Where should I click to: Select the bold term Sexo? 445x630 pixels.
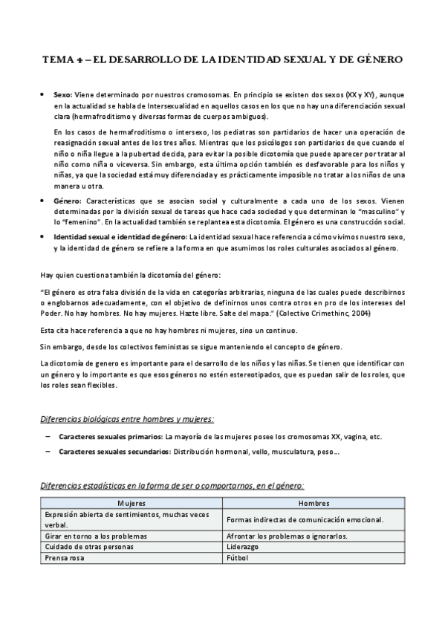tap(62, 97)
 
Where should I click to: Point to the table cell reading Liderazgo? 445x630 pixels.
tap(242, 546)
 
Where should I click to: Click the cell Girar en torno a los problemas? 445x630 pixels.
tap(96, 536)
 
